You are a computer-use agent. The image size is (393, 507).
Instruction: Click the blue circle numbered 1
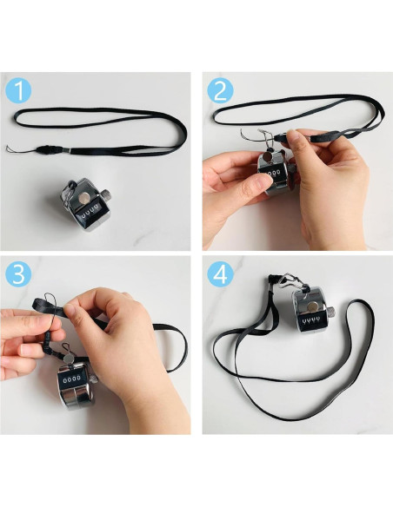pyautogui.click(x=18, y=91)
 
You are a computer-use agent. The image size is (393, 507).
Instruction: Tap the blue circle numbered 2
pyautogui.click(x=220, y=90)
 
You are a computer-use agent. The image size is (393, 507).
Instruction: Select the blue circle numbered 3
pyautogui.click(x=18, y=274)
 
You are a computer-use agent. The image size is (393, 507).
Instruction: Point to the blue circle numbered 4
pyautogui.click(x=220, y=274)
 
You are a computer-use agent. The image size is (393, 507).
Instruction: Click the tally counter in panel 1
pyautogui.click(x=85, y=205)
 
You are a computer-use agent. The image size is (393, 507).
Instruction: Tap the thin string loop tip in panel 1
pyautogui.click(x=8, y=148)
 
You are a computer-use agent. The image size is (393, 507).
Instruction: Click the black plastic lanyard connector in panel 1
pyautogui.click(x=50, y=149)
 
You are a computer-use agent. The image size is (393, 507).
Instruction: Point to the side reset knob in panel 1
pyautogui.click(x=106, y=195)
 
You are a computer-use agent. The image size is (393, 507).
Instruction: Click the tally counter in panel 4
pyautogui.click(x=310, y=310)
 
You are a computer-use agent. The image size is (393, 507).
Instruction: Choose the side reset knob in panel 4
pyautogui.click(x=331, y=312)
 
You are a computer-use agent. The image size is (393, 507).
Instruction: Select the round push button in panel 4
pyautogui.click(x=312, y=306)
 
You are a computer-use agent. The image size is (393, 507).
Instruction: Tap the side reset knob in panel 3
pyautogui.click(x=93, y=379)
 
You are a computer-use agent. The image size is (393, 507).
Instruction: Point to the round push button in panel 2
pyautogui.click(x=268, y=158)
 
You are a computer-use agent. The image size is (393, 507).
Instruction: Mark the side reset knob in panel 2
pyautogui.click(x=292, y=168)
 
